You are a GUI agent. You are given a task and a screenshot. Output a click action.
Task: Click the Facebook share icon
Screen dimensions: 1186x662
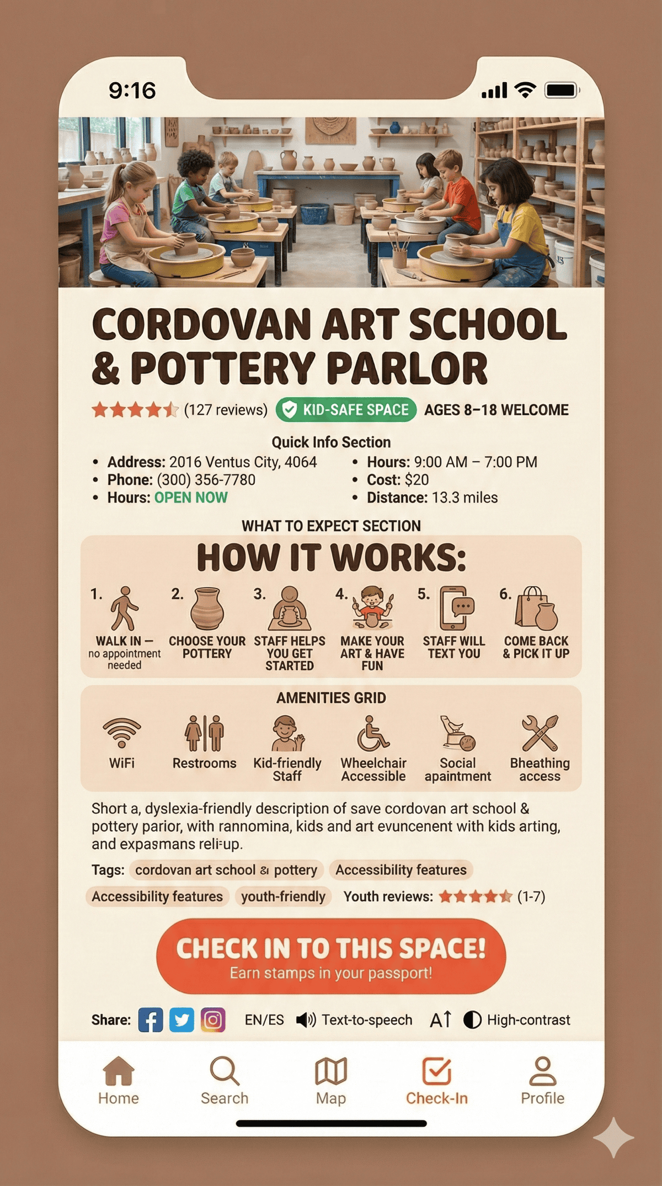click(x=151, y=1020)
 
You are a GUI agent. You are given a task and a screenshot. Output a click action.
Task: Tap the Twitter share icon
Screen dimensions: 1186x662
click(x=181, y=1020)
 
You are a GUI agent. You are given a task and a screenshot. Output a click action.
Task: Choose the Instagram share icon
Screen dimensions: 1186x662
click(x=213, y=1020)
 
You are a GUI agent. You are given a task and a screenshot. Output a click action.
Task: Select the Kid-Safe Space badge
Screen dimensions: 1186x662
click(x=346, y=410)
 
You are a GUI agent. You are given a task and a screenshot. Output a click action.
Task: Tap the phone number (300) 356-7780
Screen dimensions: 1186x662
click(x=206, y=480)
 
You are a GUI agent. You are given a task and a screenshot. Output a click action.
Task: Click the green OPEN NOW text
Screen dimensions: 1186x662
click(x=191, y=498)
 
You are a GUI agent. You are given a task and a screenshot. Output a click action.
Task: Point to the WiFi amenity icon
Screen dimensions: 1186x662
click(x=122, y=733)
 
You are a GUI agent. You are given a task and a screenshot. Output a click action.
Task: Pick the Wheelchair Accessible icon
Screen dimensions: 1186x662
click(x=372, y=734)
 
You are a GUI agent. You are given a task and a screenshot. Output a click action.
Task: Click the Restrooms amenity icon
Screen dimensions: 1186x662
click(x=204, y=733)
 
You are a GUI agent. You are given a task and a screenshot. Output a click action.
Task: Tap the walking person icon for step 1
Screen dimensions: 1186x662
click(x=124, y=608)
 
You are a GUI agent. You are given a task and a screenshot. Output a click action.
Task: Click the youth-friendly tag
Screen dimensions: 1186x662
click(x=283, y=896)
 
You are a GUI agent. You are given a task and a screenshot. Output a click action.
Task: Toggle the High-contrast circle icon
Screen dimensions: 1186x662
click(x=472, y=1020)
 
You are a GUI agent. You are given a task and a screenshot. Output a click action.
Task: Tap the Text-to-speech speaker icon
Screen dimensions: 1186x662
click(x=306, y=1020)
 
